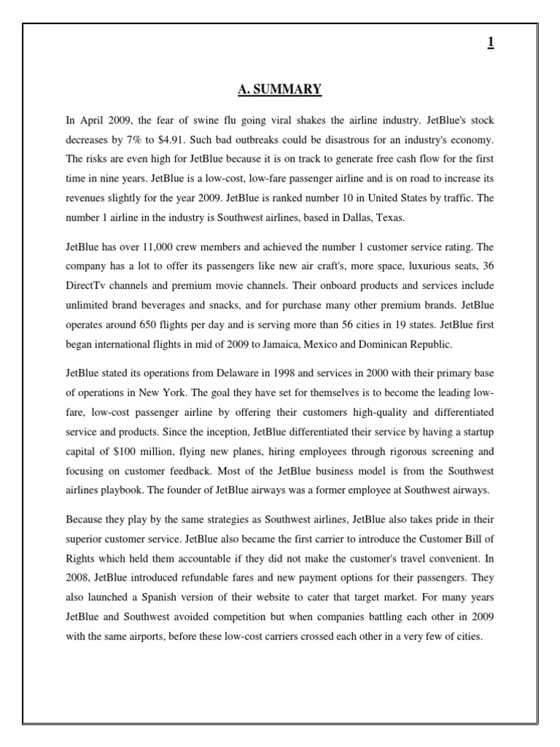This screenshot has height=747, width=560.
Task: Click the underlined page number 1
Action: point(491,43)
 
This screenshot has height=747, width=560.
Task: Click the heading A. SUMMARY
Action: point(279,90)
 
